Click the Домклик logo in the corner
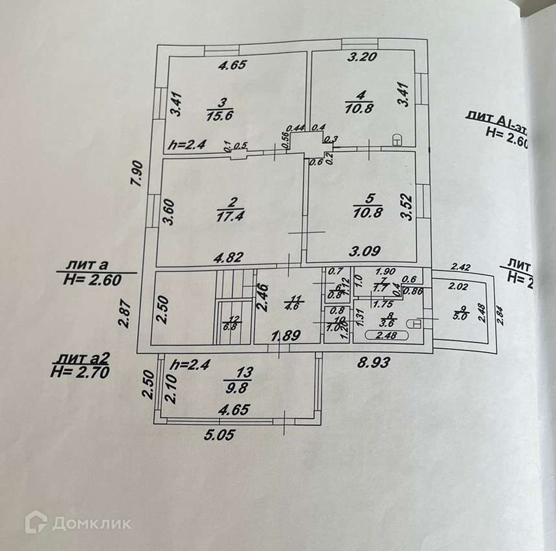point(78,522)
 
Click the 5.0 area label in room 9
point(460,317)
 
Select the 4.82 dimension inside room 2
point(230,257)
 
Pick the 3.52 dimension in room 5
point(406,207)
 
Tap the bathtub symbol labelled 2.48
point(386,335)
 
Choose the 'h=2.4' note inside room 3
point(186,145)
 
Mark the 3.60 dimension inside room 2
point(170,211)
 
